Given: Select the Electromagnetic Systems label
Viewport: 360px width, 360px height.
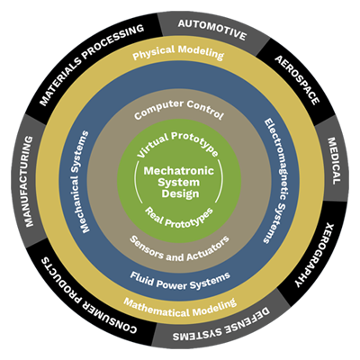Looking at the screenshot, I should tap(275, 180).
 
